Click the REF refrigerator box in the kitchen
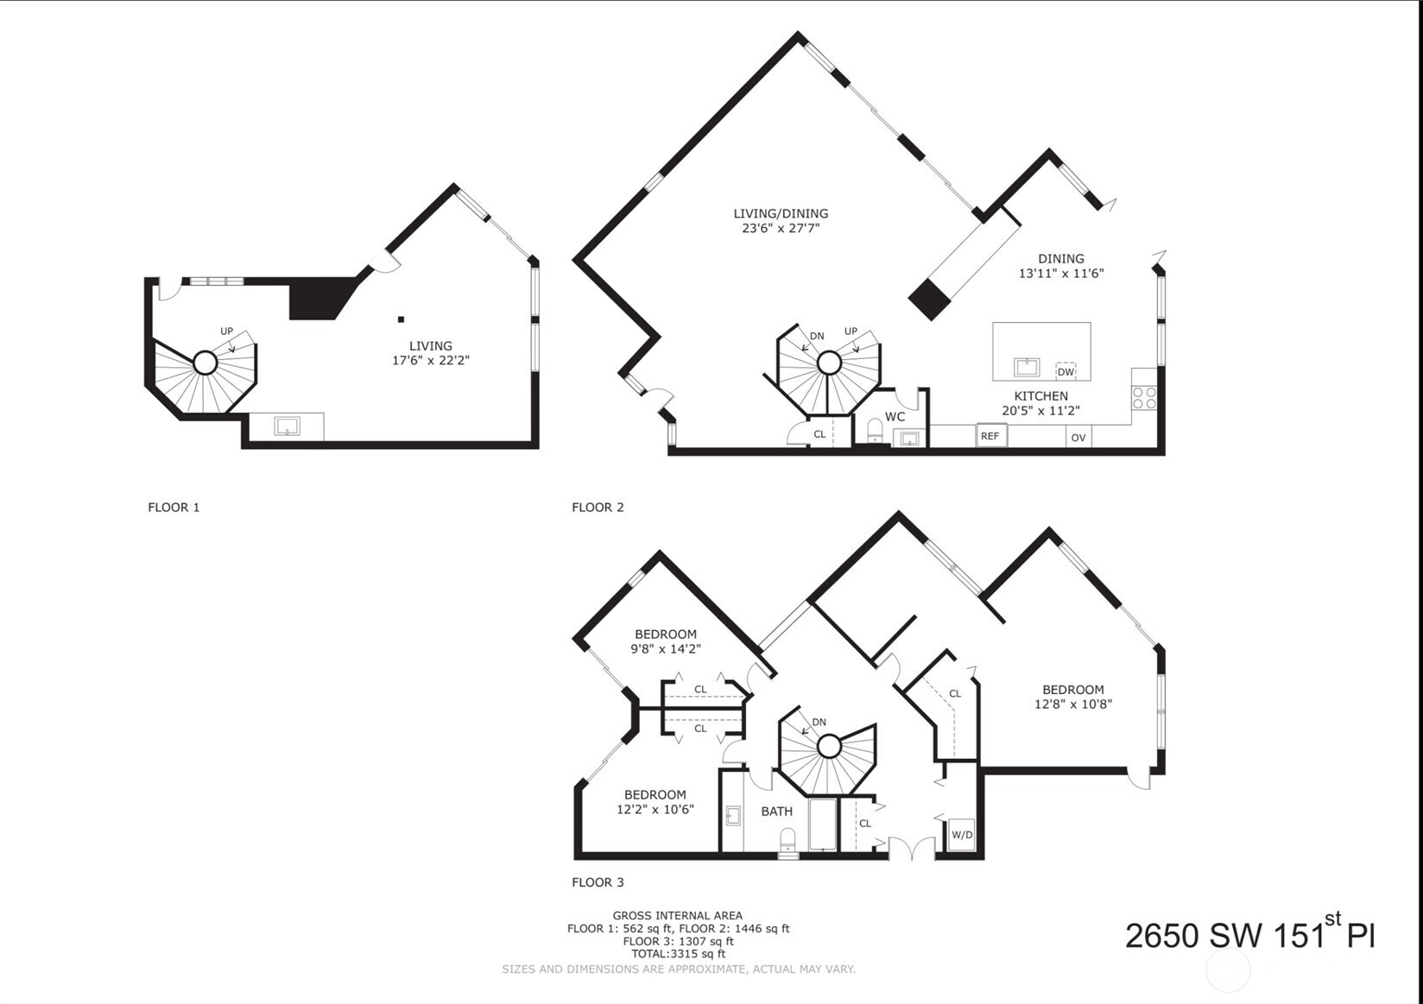991,436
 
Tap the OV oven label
1078,438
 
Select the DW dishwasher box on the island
1066,371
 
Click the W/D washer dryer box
962,835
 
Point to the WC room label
895,417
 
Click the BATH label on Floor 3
776,811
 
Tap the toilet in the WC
875,430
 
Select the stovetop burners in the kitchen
1144,397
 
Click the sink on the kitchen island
1027,367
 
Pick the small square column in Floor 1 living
401,319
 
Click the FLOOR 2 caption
598,508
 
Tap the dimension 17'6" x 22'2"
431,361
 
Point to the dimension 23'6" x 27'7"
781,228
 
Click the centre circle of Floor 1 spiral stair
205,363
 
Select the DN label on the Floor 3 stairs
819,722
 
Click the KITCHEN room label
1040,395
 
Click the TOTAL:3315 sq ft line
678,954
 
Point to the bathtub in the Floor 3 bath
823,825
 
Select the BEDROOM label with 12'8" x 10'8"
1073,690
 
